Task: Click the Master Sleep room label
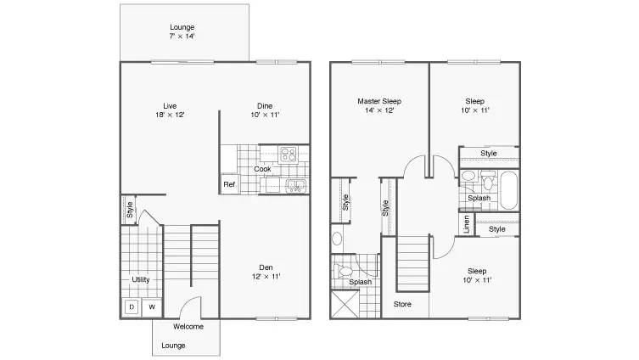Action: click(x=379, y=101)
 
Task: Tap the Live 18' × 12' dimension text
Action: click(x=170, y=115)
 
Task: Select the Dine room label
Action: click(x=265, y=106)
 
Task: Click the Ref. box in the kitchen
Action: click(x=229, y=184)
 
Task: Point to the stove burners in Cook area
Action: click(x=289, y=155)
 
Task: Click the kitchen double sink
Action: click(x=295, y=185)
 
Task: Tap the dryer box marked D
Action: click(x=132, y=307)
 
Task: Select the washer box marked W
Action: click(x=152, y=307)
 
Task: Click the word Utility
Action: click(x=141, y=279)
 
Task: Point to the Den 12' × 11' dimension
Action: click(x=266, y=277)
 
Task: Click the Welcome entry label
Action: click(x=188, y=327)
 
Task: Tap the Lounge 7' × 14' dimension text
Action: click(x=182, y=36)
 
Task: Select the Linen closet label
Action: click(x=467, y=224)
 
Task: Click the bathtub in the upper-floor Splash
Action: click(x=508, y=191)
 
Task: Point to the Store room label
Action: click(x=402, y=304)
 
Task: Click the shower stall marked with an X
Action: click(x=345, y=304)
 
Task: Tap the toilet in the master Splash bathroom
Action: click(x=344, y=270)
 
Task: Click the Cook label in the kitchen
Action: click(x=262, y=169)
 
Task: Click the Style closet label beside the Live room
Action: click(x=130, y=210)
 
